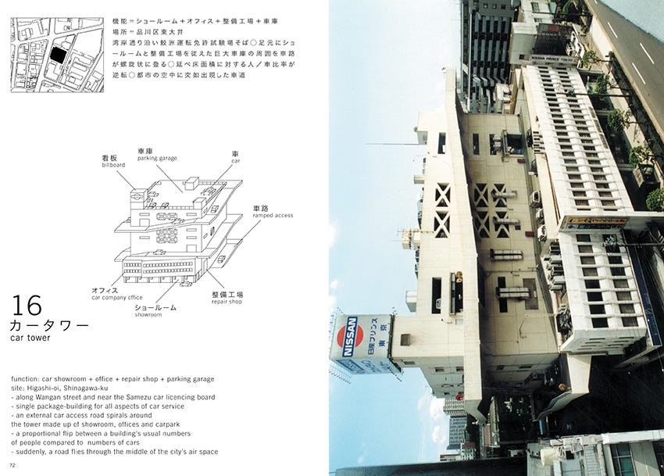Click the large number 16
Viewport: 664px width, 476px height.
pos(27,305)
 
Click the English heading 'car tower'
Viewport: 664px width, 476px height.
pos(30,338)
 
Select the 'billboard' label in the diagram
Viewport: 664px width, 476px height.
pos(113,166)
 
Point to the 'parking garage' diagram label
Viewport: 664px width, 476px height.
pos(158,158)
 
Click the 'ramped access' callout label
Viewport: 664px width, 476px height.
pos(273,215)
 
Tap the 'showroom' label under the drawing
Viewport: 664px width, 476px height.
pos(148,314)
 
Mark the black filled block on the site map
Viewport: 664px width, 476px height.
pos(56,55)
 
